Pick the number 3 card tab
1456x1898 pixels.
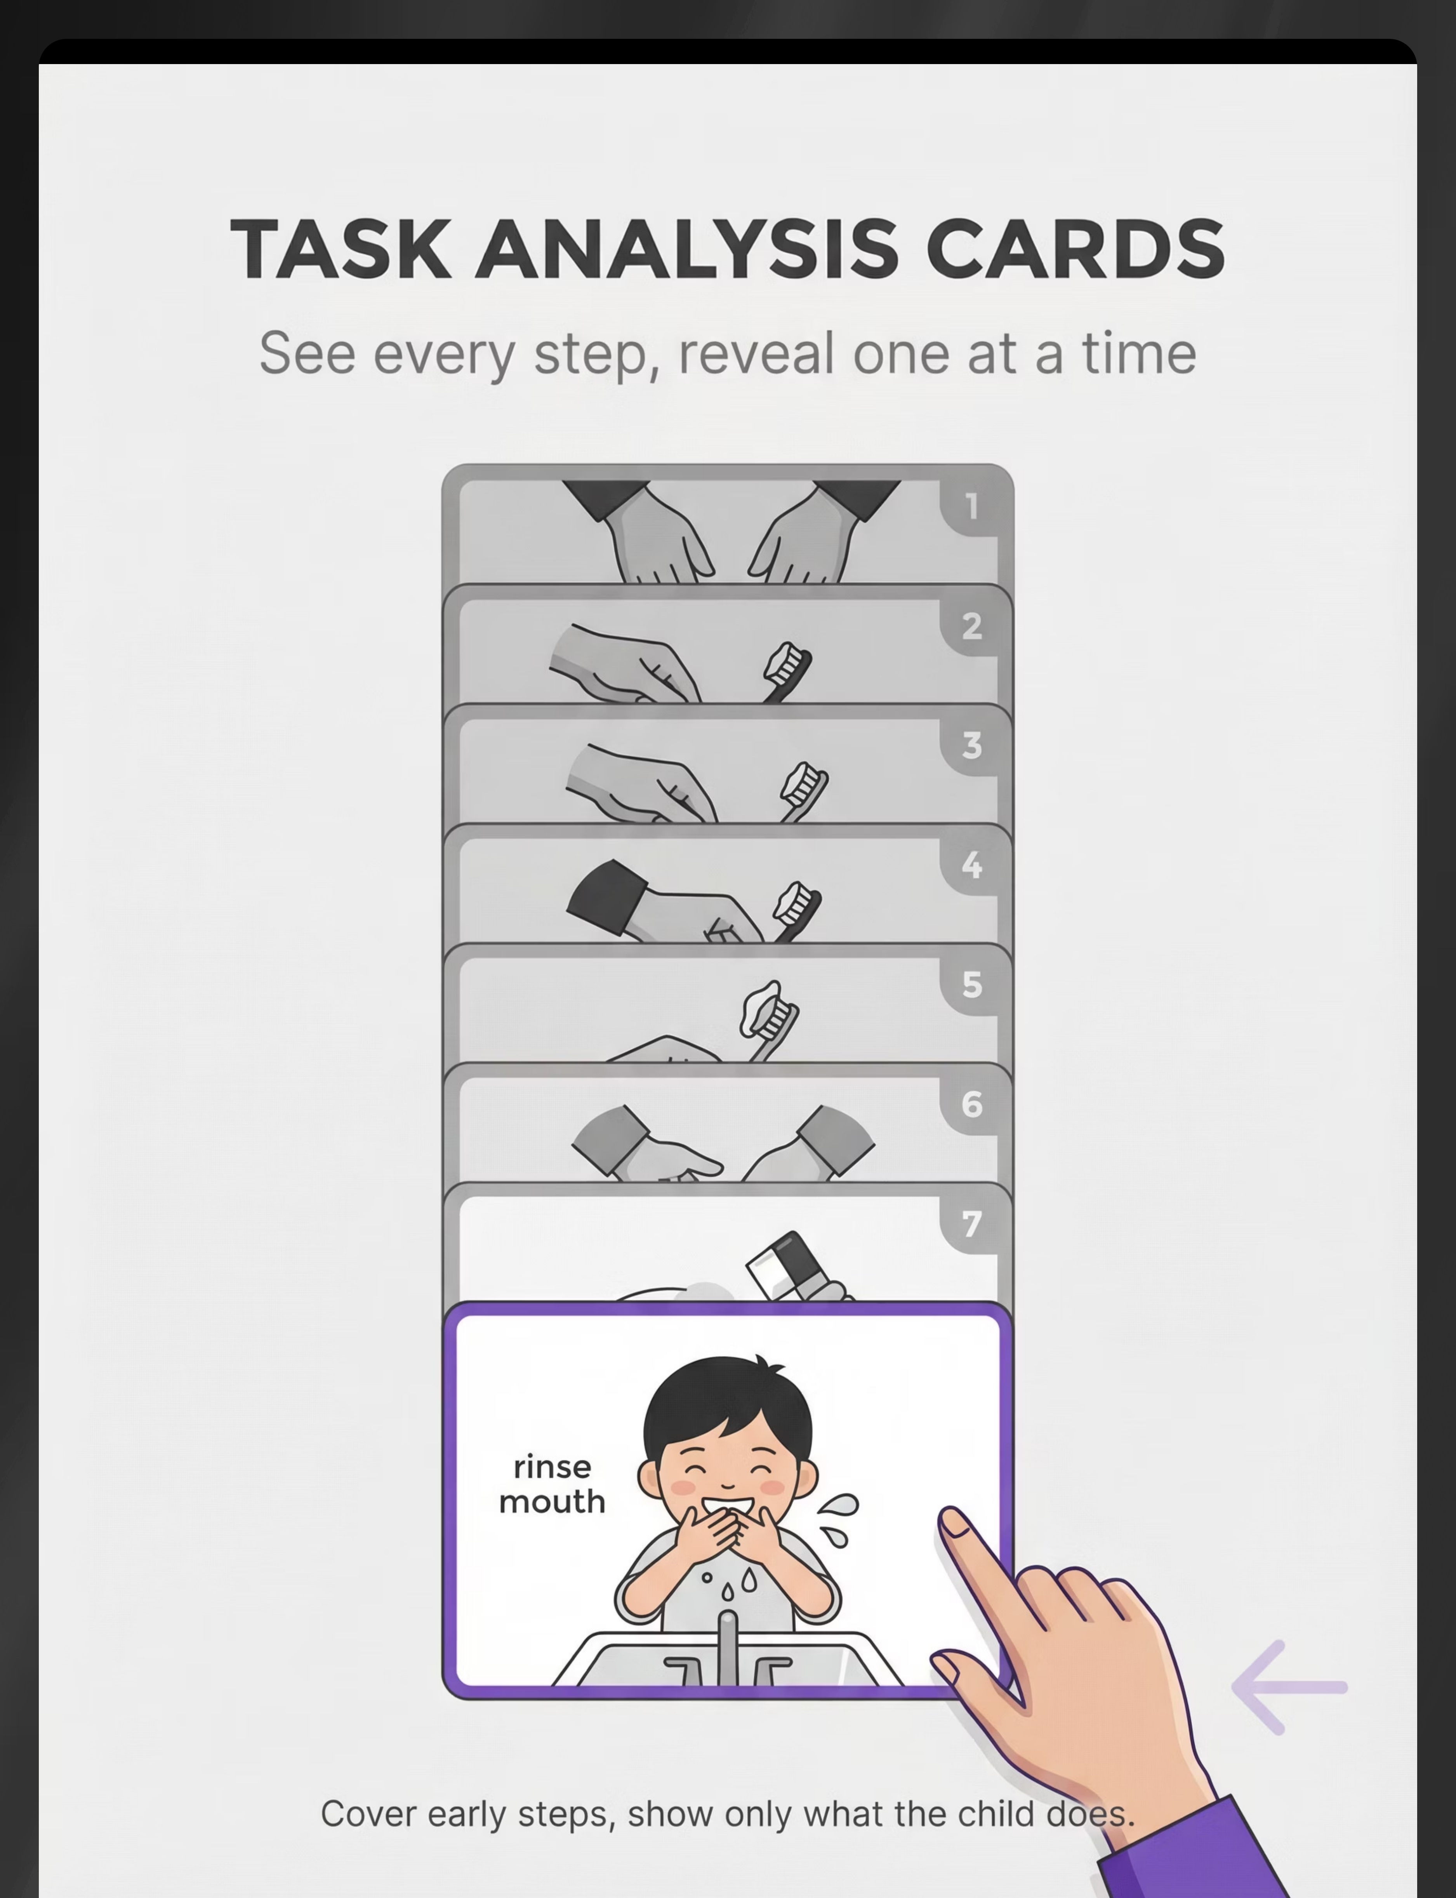(971, 745)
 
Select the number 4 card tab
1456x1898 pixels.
(971, 865)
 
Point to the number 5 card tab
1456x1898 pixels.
(971, 985)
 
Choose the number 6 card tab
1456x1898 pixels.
(971, 1104)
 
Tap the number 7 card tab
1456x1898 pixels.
(971, 1224)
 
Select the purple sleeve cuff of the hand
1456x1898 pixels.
(1196, 1850)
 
